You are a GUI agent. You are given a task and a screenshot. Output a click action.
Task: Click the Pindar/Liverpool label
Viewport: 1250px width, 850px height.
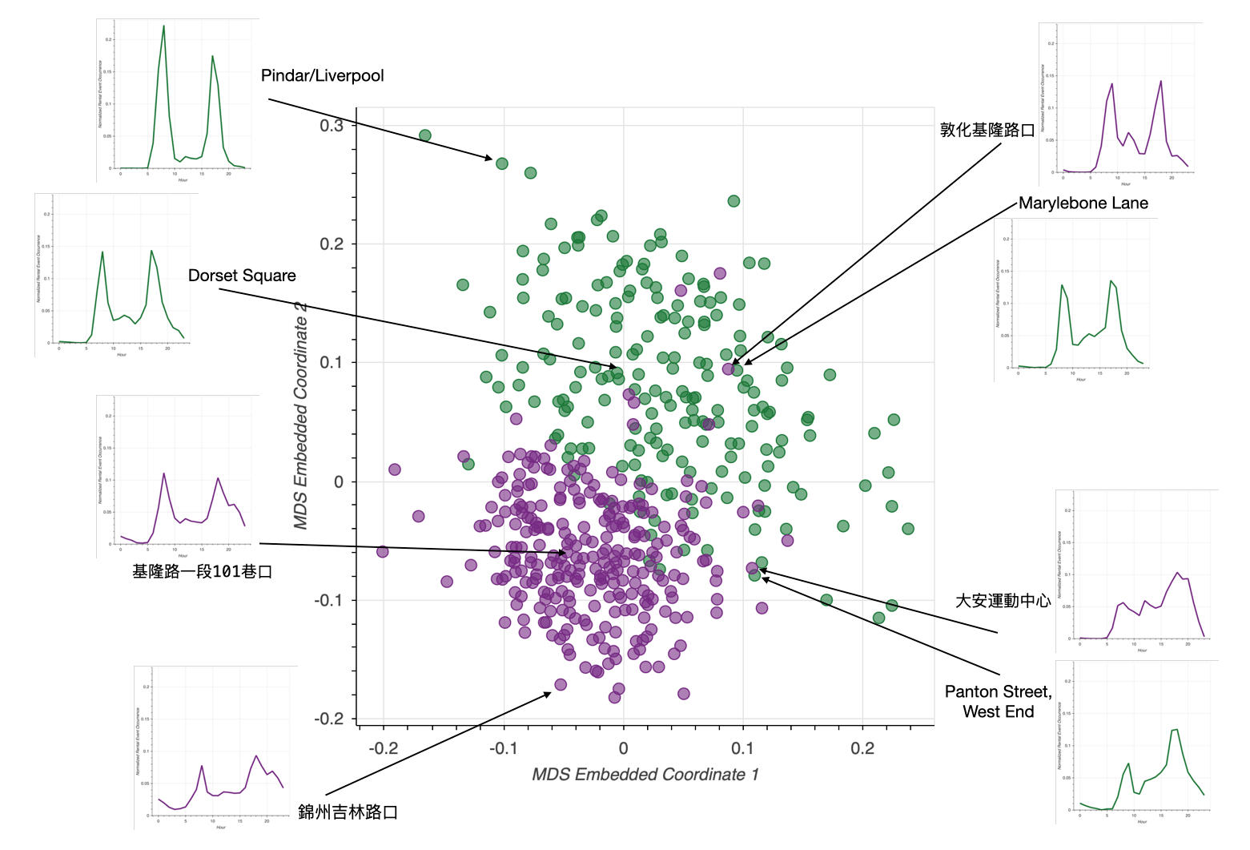tap(322, 76)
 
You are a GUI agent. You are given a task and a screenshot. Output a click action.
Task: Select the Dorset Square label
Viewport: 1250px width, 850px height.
tap(242, 276)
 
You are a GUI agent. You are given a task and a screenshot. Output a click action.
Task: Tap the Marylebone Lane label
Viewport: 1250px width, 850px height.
tap(1083, 203)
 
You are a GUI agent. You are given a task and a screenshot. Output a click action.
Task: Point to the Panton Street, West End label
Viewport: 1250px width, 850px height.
tap(998, 702)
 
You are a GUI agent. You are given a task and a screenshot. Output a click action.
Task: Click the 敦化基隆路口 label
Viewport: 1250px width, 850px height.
tap(987, 130)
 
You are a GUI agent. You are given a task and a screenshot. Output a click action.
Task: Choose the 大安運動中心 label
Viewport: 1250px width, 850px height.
tap(1003, 601)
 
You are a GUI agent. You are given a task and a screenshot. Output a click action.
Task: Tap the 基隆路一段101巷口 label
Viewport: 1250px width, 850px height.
tap(202, 572)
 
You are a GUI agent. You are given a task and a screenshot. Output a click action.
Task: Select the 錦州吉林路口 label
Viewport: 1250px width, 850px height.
tap(348, 812)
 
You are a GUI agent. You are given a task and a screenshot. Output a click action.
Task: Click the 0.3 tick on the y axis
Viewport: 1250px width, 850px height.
tap(332, 126)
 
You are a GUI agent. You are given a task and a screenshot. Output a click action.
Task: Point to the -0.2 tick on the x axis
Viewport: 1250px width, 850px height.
tap(384, 748)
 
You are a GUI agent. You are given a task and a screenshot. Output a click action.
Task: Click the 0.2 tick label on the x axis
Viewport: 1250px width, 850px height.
tap(862, 748)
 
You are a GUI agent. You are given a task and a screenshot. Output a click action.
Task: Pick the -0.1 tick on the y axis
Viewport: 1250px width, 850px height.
tap(329, 601)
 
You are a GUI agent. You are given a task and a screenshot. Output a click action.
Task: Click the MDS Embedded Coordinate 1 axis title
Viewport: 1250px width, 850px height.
tap(645, 775)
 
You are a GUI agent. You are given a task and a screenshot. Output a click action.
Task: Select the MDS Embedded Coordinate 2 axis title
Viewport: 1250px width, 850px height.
tap(301, 416)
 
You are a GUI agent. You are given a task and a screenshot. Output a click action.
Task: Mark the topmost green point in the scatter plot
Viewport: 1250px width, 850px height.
tap(425, 135)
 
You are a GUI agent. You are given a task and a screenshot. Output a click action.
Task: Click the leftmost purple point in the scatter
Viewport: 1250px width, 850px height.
tap(383, 551)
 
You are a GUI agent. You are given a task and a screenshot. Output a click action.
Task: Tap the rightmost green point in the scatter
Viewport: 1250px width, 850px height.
tap(907, 529)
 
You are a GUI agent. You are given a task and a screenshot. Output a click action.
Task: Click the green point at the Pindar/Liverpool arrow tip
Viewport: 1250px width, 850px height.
tap(502, 163)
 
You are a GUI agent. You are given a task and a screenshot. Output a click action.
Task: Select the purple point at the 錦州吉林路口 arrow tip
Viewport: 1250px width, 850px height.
tap(561, 685)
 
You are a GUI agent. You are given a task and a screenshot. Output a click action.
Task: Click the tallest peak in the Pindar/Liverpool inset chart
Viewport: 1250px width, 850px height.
tap(163, 26)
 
